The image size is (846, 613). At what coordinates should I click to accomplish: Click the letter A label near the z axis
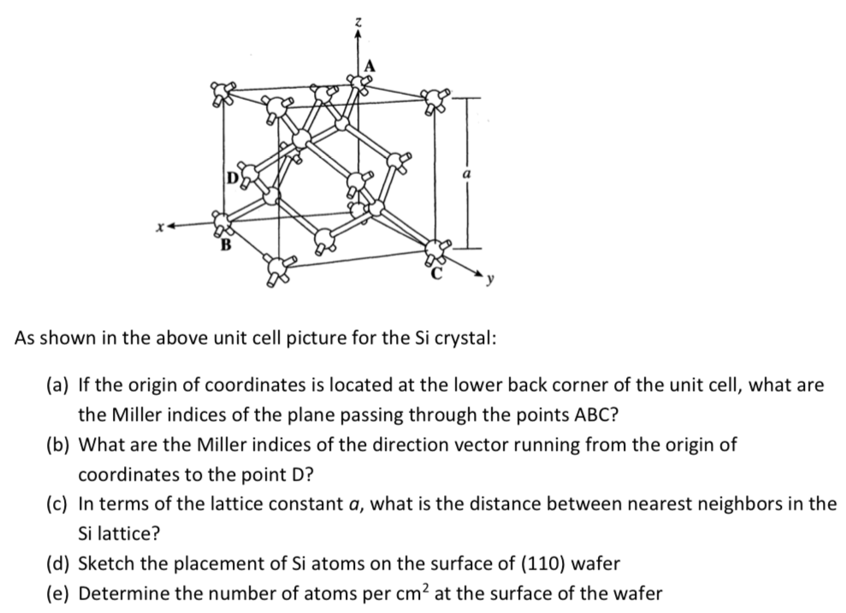[x=370, y=65]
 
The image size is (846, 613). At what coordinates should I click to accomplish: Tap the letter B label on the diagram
[x=227, y=247]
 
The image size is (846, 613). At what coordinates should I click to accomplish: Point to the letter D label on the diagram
[x=231, y=178]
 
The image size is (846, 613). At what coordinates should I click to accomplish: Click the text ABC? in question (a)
[x=590, y=415]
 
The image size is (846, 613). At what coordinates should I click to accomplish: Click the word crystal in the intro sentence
[x=465, y=337]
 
